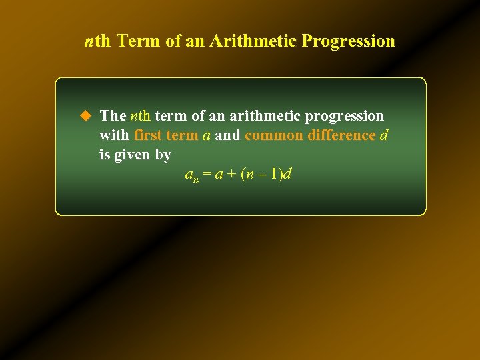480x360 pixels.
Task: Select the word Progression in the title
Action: pyautogui.click(x=348, y=41)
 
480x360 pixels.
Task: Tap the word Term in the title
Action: pyautogui.click(x=139, y=41)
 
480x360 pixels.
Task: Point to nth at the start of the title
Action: pyautogui.click(x=98, y=41)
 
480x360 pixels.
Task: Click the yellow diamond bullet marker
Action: pyautogui.click(x=85, y=116)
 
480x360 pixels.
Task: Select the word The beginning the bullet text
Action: pyautogui.click(x=113, y=116)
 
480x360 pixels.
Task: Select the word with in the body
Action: pyautogui.click(x=114, y=135)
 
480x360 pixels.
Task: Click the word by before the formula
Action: pyautogui.click(x=163, y=155)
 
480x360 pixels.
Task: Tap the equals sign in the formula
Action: pyautogui.click(x=207, y=175)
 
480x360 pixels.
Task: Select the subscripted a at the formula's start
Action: pyautogui.click(x=189, y=175)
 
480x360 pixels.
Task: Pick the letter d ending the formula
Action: pyautogui.click(x=288, y=175)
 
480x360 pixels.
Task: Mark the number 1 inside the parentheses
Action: pyautogui.click(x=275, y=175)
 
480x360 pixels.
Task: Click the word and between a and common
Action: pyautogui.click(x=228, y=135)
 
